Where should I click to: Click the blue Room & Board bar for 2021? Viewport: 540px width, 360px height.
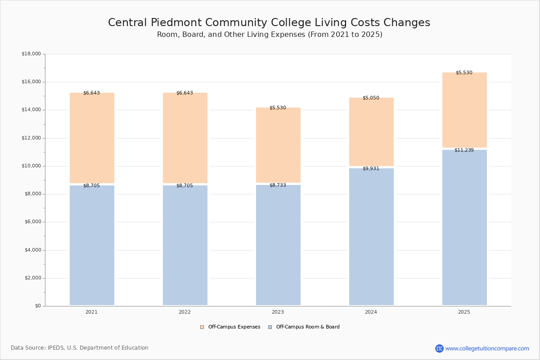coord(92,245)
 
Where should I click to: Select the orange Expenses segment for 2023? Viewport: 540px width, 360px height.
coord(278,145)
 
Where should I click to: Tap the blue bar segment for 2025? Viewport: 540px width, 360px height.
coord(464,227)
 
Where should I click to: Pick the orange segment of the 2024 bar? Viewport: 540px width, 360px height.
coord(371,132)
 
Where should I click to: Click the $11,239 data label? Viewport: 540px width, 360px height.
coord(464,150)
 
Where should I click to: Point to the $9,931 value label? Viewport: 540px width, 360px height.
coord(371,169)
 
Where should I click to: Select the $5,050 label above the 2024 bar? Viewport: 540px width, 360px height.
coord(371,98)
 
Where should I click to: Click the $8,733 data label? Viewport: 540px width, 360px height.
coord(278,185)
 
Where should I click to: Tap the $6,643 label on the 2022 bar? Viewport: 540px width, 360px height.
coord(184,93)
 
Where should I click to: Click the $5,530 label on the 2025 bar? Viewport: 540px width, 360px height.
coord(464,73)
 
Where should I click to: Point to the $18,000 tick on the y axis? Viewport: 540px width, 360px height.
coord(31,54)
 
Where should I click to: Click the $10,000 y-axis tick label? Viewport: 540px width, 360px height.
coord(31,166)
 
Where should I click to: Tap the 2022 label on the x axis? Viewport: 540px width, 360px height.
coord(184,312)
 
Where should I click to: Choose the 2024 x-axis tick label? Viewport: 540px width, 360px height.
coord(371,312)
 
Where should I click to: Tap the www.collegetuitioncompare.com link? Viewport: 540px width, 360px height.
coord(487,349)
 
